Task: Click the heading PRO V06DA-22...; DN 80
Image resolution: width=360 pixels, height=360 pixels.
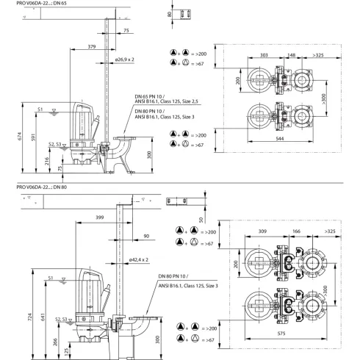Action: [44, 188]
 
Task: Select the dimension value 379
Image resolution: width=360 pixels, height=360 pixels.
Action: [90, 46]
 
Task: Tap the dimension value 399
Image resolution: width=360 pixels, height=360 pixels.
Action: [98, 218]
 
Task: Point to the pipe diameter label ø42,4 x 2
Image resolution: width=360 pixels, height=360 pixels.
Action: [140, 259]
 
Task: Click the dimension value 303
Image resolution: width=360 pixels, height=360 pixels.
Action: [264, 54]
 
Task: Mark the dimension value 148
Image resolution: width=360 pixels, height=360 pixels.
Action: [292, 54]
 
